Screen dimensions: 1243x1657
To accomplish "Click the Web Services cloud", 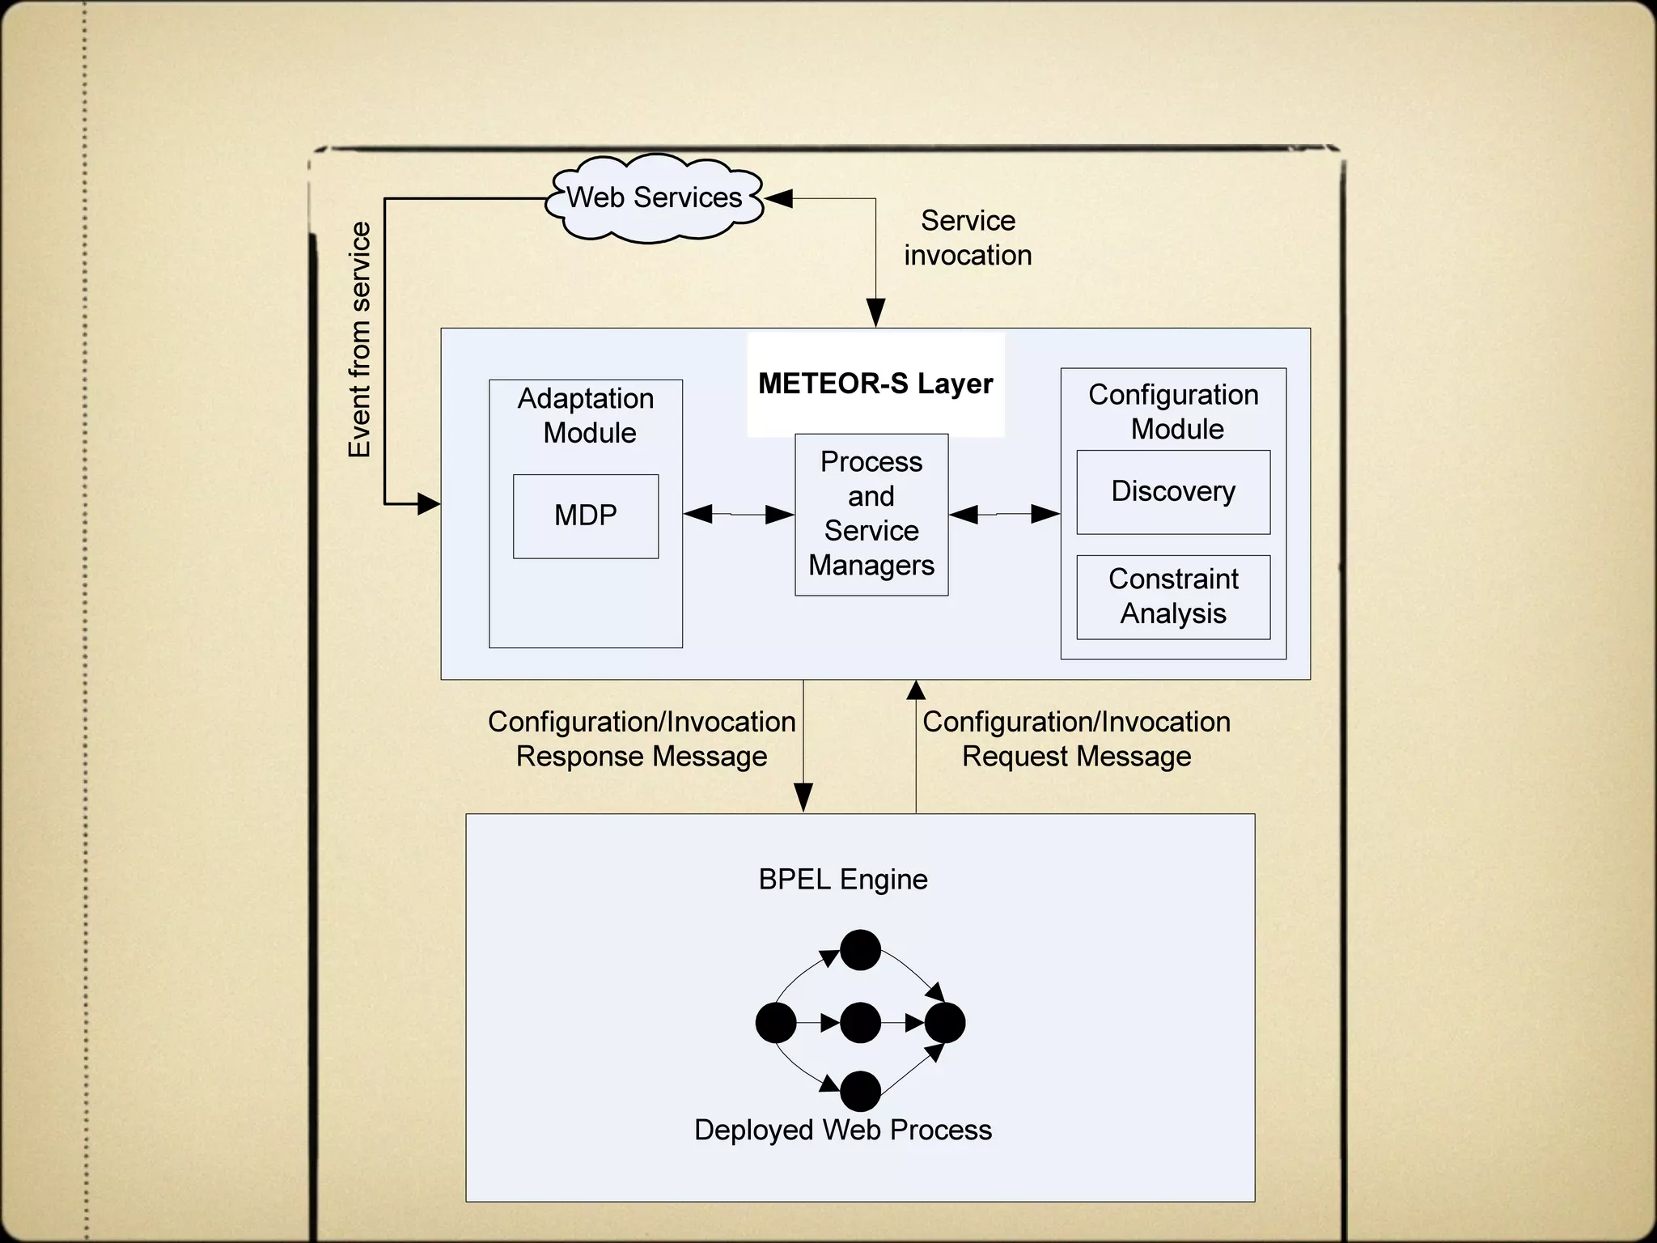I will pyautogui.click(x=654, y=198).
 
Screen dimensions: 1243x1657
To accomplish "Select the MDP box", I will pyautogui.click(x=586, y=515).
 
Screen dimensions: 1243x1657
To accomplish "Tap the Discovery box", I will pyautogui.click(x=1173, y=491).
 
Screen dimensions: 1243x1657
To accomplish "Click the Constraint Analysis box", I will pyautogui.click(x=1173, y=596).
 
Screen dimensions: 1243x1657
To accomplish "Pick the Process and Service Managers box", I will pyautogui.click(x=871, y=514).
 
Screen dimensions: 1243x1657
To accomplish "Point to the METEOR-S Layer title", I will pyautogui.click(x=875, y=384).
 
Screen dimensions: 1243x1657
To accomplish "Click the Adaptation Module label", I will pyautogui.click(x=587, y=415).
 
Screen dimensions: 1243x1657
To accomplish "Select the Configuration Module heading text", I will pyautogui.click(x=1174, y=411).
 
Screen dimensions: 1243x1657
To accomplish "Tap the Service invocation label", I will pyautogui.click(x=968, y=238).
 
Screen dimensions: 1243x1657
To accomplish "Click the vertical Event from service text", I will pyautogui.click(x=359, y=340).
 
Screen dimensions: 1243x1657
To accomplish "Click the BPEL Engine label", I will pyautogui.click(x=843, y=880).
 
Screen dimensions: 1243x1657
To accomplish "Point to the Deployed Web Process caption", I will pyautogui.click(x=843, y=1130).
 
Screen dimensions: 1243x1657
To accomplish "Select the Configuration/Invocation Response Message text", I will pyautogui.click(x=642, y=739).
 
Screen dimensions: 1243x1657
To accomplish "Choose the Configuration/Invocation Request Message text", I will pyautogui.click(x=1076, y=739).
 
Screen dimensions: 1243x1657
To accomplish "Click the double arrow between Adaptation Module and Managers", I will pyautogui.click(x=739, y=514).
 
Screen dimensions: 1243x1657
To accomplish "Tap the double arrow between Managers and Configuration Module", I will pyautogui.click(x=1004, y=514).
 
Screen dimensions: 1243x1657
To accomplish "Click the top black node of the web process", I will pyautogui.click(x=860, y=950).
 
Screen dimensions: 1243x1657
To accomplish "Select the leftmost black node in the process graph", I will pyautogui.click(x=776, y=1023).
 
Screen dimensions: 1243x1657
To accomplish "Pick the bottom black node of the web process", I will pyautogui.click(x=860, y=1092).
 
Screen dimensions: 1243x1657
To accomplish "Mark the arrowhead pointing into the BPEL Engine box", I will pyautogui.click(x=803, y=798).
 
